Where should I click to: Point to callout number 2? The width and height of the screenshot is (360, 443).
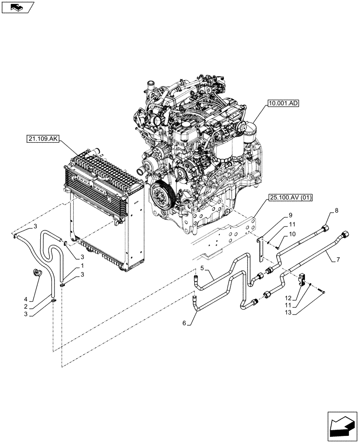pyautogui.click(x=27, y=306)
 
